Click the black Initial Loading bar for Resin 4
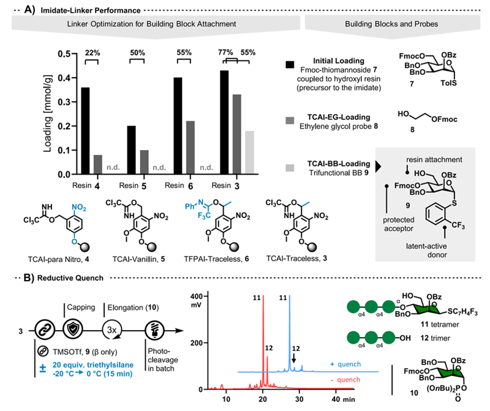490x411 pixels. [85, 130]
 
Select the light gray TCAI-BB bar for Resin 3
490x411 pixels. [250, 153]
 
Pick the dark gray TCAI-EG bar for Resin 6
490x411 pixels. [190, 148]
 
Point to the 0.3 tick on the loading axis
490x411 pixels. [74, 102]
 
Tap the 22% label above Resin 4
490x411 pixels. [92, 53]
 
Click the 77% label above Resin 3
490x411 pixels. [225, 52]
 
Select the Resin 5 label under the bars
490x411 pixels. [132, 186]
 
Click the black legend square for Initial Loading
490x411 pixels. [290, 64]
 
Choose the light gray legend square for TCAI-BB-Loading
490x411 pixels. [290, 168]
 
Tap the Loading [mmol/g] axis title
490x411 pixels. [48, 114]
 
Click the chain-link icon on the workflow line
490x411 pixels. [45, 330]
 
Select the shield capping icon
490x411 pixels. [73, 330]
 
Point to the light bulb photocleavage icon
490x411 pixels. [155, 330]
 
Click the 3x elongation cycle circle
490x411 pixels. [112, 330]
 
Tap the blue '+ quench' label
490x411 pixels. [345, 364]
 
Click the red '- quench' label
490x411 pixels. [345, 380]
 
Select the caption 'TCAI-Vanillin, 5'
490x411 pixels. [138, 259]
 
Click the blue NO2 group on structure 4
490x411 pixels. [79, 208]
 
